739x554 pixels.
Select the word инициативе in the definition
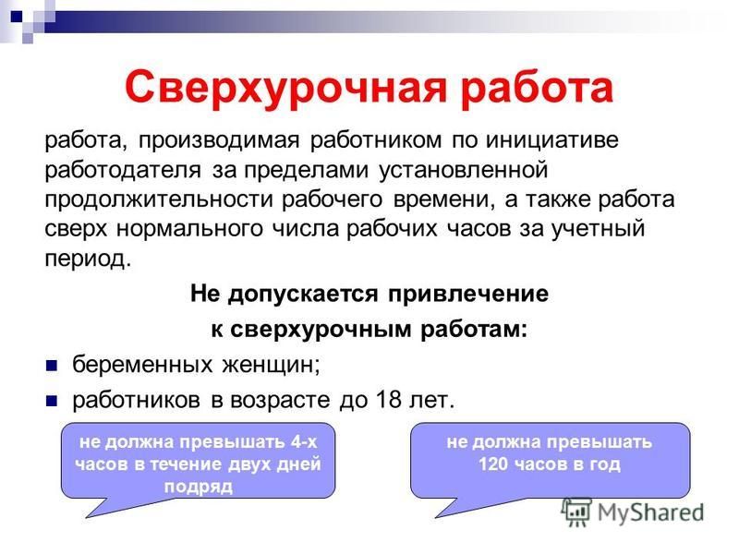pos(551,140)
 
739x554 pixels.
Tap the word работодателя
pos(123,170)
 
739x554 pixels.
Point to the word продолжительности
pos(159,199)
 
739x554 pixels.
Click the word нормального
pos(189,229)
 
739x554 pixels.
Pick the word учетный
pos(598,229)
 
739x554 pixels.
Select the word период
pos(88,259)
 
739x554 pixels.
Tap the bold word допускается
pos(303,294)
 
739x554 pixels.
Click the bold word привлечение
pos(468,294)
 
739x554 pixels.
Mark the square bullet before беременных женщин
pos(52,366)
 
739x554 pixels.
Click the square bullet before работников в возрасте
pos(52,402)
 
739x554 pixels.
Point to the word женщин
pos(271,365)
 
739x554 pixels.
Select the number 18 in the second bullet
pos(389,400)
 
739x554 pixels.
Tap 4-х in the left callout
pos(304,442)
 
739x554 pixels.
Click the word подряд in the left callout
pos(199,487)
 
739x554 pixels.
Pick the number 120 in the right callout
pos(493,464)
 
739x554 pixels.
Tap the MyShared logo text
pos(650,512)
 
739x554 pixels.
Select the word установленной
pos(464,170)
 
